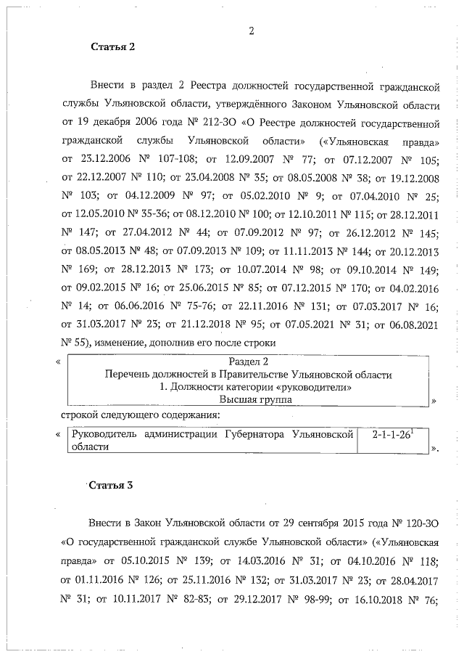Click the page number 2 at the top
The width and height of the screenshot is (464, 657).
tap(251, 30)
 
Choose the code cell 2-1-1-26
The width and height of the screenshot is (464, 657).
tap(391, 434)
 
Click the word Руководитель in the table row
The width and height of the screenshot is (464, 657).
tap(104, 434)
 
